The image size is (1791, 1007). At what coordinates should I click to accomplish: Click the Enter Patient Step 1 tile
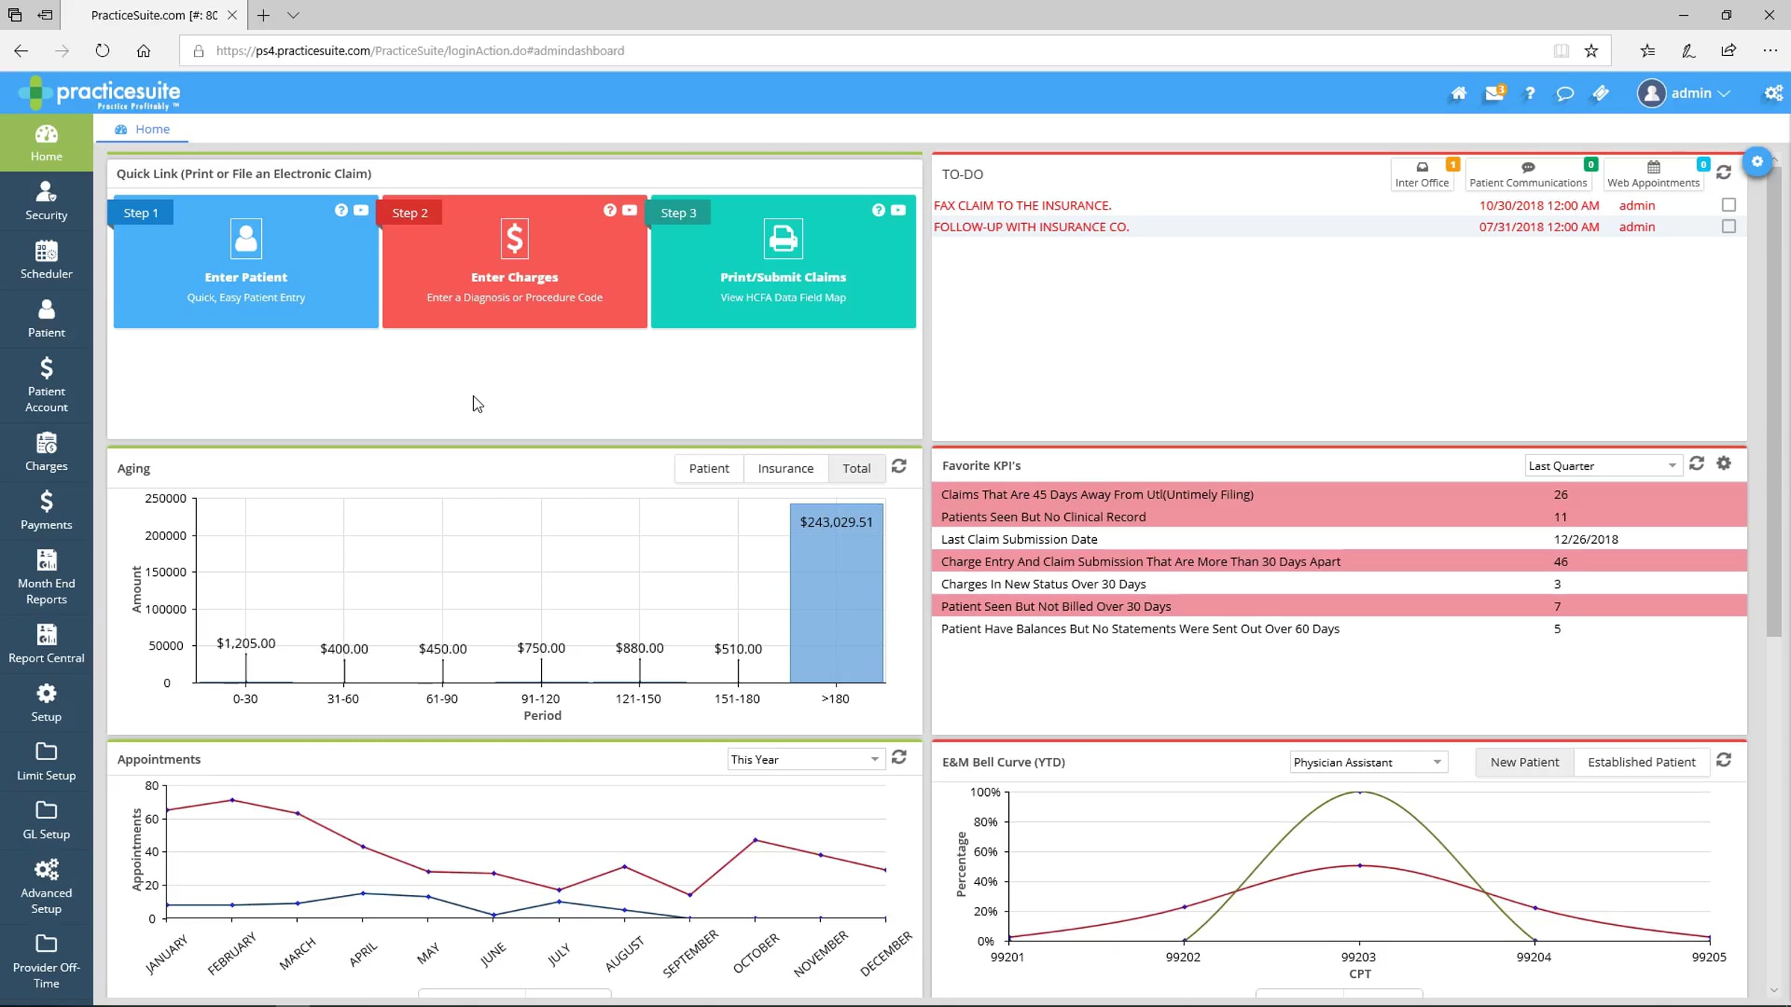pyautogui.click(x=246, y=262)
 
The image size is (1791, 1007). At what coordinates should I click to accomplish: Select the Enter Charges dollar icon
pyautogui.click(x=514, y=238)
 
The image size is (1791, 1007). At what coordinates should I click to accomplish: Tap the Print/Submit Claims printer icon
pyautogui.click(x=783, y=238)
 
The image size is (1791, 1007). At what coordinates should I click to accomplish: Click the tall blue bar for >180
pyautogui.click(x=837, y=593)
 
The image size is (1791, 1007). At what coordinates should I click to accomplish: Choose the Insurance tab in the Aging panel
pyautogui.click(x=785, y=468)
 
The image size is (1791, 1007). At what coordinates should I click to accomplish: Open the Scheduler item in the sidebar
pyautogui.click(x=46, y=260)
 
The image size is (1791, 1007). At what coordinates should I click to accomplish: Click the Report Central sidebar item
pyautogui.click(x=46, y=643)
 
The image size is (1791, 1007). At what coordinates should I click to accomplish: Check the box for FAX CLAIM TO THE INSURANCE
pyautogui.click(x=1728, y=204)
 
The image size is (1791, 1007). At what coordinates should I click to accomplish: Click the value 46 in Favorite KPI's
pyautogui.click(x=1560, y=562)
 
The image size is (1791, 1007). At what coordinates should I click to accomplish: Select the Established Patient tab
pyautogui.click(x=1641, y=762)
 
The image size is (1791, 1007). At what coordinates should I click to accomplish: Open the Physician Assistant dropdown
pyautogui.click(x=1368, y=762)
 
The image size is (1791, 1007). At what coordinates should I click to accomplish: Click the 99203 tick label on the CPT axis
pyautogui.click(x=1358, y=957)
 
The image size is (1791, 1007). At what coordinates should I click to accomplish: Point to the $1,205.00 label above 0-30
pyautogui.click(x=246, y=643)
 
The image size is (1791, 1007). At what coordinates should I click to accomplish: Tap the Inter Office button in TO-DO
pyautogui.click(x=1422, y=175)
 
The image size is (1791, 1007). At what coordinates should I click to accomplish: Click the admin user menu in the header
pyautogui.click(x=1684, y=93)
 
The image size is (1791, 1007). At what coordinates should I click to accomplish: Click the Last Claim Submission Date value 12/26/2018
pyautogui.click(x=1586, y=539)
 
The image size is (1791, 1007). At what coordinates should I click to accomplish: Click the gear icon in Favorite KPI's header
pyautogui.click(x=1724, y=463)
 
